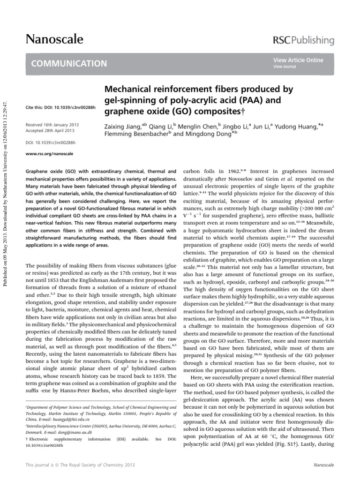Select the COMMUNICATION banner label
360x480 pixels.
point(69,63)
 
